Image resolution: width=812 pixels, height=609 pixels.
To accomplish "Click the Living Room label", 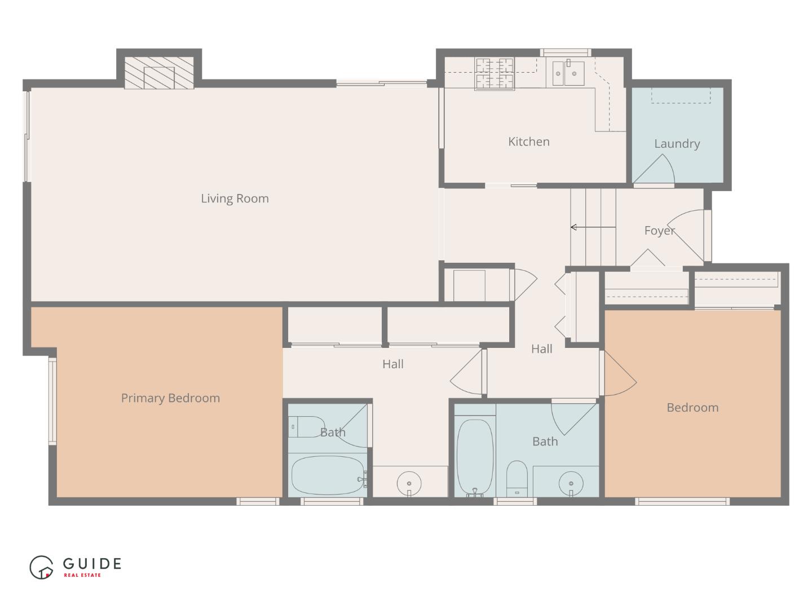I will (235, 198).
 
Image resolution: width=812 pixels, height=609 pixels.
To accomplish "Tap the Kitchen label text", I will (528, 142).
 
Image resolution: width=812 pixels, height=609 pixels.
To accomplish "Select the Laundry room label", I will (677, 144).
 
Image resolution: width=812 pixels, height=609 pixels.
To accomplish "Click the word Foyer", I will (659, 231).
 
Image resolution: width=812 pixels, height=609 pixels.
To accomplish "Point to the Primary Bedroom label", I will (170, 398).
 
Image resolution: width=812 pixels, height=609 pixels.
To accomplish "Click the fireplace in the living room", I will (158, 73).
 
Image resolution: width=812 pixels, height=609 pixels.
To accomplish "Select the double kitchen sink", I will (568, 74).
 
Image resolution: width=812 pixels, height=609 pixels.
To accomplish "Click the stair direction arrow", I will (592, 227).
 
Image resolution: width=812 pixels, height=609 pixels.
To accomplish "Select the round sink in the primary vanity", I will (409, 483).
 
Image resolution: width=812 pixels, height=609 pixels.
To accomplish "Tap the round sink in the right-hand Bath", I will (571, 483).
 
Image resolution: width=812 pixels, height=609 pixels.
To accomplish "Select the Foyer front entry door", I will (687, 234).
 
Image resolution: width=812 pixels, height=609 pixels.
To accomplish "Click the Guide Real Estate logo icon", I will (42, 567).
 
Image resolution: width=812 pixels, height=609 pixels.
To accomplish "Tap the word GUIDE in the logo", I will (92, 563).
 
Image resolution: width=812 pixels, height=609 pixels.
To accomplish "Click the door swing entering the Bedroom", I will (619, 376).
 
